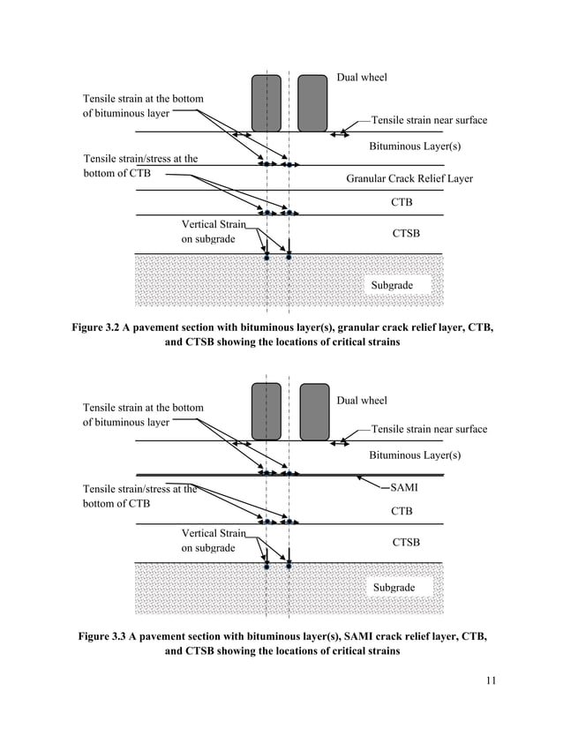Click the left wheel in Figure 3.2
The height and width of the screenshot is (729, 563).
click(266, 102)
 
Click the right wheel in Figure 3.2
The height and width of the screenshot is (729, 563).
click(312, 102)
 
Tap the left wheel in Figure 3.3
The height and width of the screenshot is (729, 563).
click(266, 410)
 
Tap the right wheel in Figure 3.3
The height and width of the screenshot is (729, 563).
click(314, 410)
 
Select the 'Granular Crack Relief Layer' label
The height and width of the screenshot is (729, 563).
click(409, 178)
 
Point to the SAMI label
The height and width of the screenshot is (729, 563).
click(404, 487)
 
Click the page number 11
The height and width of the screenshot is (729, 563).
click(492, 680)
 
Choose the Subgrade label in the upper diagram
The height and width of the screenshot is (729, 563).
click(391, 286)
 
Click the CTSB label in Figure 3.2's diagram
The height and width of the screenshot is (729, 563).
click(406, 234)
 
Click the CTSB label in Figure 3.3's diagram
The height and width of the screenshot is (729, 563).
click(406, 543)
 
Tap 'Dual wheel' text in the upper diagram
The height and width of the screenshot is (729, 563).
click(362, 78)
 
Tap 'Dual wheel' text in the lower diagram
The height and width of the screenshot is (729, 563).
click(362, 401)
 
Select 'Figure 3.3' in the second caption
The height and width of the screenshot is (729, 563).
click(101, 635)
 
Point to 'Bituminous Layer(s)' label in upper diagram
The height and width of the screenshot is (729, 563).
click(415, 146)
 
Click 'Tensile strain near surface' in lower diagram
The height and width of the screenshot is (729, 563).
click(429, 429)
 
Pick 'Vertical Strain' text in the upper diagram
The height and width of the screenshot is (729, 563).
click(213, 224)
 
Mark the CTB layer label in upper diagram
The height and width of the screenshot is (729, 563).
click(402, 203)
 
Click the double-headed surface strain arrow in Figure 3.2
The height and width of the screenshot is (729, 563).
click(339, 134)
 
